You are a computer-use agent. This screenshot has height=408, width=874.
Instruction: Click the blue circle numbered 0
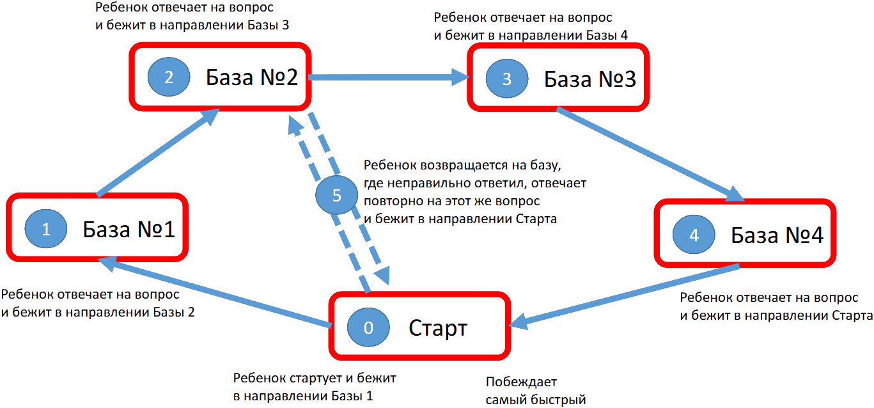[x=368, y=327]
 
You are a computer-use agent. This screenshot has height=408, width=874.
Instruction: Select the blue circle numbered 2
[x=169, y=77]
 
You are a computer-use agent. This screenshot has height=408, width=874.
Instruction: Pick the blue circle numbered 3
[x=507, y=79]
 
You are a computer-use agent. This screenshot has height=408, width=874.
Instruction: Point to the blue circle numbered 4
[x=694, y=235]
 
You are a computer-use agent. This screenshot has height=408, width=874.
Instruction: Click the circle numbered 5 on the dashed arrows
[x=337, y=196]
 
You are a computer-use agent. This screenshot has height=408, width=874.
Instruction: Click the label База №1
[x=129, y=230]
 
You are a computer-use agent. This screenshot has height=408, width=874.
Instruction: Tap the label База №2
[x=251, y=77]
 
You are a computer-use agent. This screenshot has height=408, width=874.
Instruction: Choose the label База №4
[x=777, y=235]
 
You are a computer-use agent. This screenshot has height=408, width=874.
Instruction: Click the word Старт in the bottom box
[x=439, y=328]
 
